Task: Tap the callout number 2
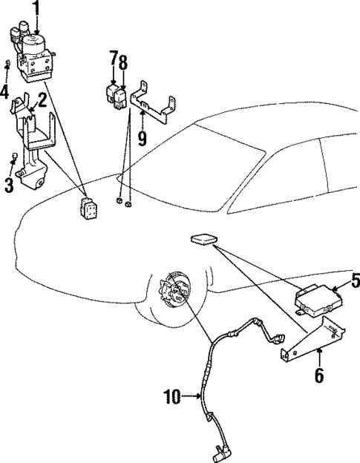pos(42,99)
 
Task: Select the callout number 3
pos(9,184)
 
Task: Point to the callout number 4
pos(4,93)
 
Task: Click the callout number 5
pos(355,281)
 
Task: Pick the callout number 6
pos(319,375)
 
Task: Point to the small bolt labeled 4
pos(7,65)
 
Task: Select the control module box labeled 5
pos(315,298)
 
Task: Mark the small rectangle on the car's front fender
pos(202,240)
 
